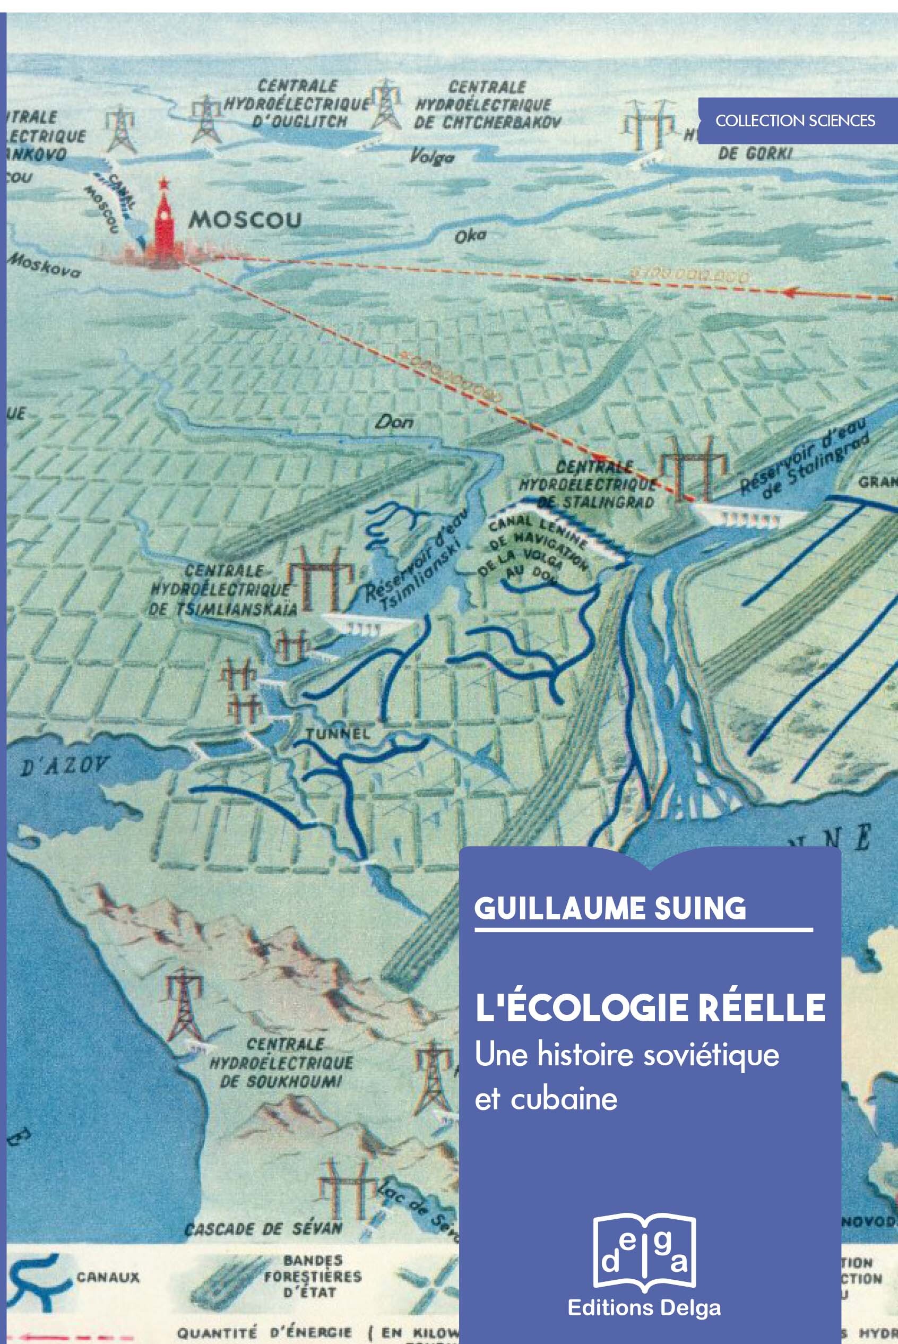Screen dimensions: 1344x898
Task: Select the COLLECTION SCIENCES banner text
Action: click(795, 121)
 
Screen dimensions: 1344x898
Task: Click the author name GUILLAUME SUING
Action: click(610, 908)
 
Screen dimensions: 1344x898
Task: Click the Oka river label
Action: click(470, 235)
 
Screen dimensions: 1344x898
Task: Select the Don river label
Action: click(394, 422)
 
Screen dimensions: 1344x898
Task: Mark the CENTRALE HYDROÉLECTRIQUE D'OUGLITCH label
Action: click(297, 104)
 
